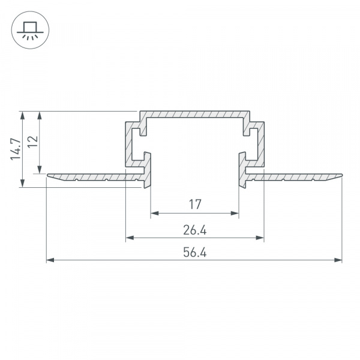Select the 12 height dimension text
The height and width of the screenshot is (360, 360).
(33, 141)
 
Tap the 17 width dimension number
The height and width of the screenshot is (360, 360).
(194, 205)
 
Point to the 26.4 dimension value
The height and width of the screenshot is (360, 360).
(194, 230)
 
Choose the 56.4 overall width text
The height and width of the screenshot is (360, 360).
(194, 253)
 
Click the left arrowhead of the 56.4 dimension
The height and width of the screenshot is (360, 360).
(50, 260)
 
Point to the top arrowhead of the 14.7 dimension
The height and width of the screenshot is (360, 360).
(23, 114)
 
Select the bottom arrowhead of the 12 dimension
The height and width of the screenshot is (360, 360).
(40, 170)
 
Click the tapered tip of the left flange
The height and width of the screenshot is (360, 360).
(49, 175)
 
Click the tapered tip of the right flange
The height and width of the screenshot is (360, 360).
(340, 175)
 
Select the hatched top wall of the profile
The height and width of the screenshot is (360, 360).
(194, 114)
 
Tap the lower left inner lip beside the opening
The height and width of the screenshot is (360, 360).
(148, 171)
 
